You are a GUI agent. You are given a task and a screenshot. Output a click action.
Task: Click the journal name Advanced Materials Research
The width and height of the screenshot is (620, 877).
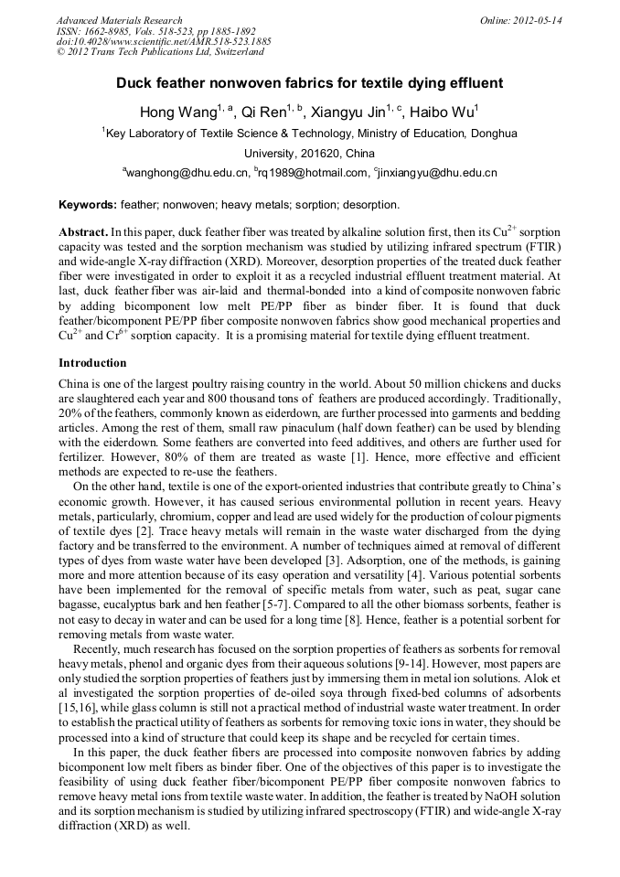[x=119, y=20]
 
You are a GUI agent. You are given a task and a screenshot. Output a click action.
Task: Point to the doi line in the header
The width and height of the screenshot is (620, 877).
[x=164, y=41]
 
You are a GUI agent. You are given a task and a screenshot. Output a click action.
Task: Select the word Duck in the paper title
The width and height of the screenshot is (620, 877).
[x=133, y=83]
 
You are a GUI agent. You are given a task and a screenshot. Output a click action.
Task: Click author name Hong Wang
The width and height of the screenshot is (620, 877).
[x=176, y=112]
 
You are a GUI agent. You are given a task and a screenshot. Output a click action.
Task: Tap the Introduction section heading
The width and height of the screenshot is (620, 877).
[x=92, y=363]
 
